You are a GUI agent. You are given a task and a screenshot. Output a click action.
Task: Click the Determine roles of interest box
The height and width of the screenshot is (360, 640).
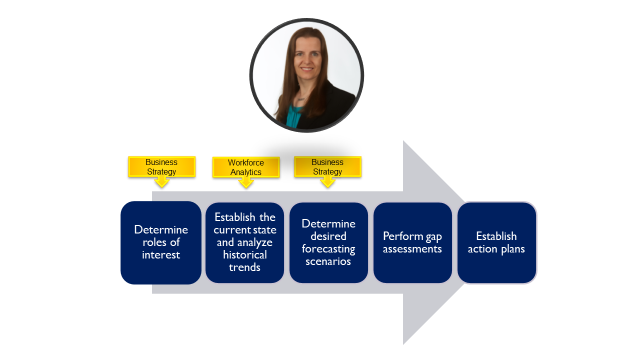point(161,242)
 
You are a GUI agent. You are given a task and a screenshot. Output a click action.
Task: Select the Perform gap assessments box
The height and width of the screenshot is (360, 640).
point(412,242)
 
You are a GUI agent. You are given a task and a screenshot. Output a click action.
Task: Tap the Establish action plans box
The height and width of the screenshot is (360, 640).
point(496,242)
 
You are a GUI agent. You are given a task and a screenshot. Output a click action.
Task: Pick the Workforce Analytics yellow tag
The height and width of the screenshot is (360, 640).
point(246,167)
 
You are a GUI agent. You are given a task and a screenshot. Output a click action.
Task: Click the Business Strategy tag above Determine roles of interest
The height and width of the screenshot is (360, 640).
point(161,167)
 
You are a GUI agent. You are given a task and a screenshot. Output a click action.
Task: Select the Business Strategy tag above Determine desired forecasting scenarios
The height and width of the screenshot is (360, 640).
point(327,167)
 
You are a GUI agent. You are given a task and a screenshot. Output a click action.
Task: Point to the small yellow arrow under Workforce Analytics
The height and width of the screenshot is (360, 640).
point(246,182)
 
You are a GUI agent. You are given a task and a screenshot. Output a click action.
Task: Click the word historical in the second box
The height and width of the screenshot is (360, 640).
point(245,255)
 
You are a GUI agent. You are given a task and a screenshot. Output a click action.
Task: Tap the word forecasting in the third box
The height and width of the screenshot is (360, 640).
point(328,249)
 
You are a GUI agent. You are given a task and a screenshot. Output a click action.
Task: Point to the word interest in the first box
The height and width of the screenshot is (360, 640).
point(161,255)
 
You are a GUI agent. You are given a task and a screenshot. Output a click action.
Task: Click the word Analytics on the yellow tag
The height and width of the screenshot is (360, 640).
point(246,172)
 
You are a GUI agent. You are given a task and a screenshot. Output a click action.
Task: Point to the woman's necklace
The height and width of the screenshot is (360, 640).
point(301,98)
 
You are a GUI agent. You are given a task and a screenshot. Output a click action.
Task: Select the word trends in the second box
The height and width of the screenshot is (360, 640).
point(245,267)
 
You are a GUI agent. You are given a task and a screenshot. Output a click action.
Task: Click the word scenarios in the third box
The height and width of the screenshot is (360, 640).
point(328,261)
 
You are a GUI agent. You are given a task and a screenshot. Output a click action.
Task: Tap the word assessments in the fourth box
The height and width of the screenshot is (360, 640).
point(412,249)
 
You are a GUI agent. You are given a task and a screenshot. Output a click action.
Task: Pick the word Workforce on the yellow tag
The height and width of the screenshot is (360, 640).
point(246,163)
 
